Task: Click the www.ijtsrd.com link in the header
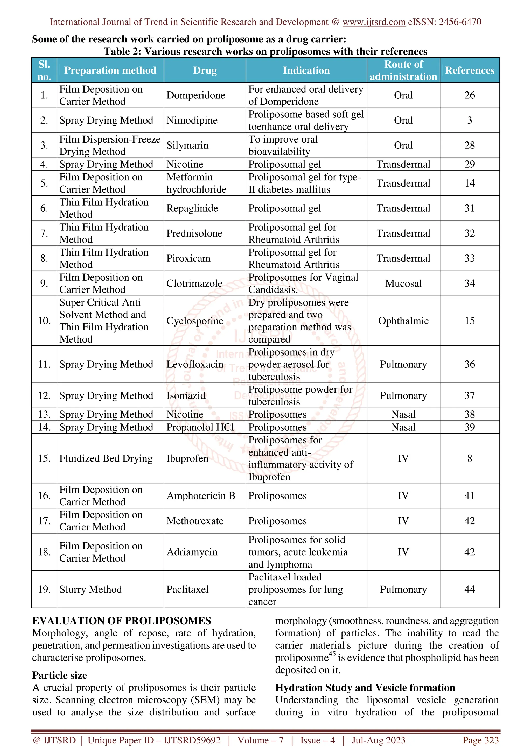point(374,22)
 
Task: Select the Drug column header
point(205,70)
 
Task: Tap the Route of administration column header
point(403,70)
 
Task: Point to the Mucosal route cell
point(403,284)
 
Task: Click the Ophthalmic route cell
point(403,321)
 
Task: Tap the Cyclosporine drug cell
point(195,321)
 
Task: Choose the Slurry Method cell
point(91,589)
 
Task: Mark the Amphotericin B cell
point(201,496)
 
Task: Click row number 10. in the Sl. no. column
point(44,321)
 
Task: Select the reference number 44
point(470,589)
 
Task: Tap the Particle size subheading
point(60,675)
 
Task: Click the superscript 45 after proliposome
point(332,654)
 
